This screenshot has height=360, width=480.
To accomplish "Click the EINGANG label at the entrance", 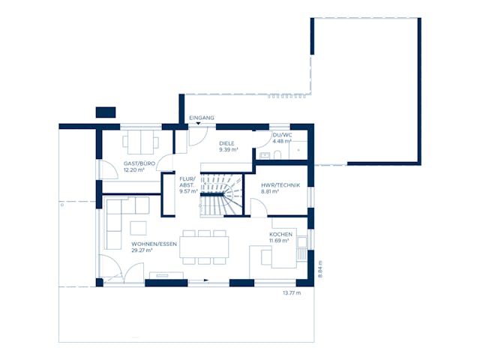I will pyautogui.click(x=202, y=118).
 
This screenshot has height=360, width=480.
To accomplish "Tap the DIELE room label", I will pyautogui.click(x=226, y=142).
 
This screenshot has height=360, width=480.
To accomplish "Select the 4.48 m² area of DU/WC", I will pyautogui.click(x=282, y=141).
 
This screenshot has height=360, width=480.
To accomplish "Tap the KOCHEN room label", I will pyautogui.click(x=280, y=234).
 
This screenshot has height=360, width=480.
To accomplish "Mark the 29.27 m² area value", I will pyautogui.click(x=142, y=250).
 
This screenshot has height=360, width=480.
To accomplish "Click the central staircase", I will pyautogui.click(x=221, y=194).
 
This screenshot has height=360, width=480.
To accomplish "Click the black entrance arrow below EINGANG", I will pyautogui.click(x=198, y=124).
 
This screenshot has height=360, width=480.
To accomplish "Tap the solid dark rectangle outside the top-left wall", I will pyautogui.click(x=106, y=112).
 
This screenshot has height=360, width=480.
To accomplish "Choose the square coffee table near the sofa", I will pyautogui.click(x=139, y=226).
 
